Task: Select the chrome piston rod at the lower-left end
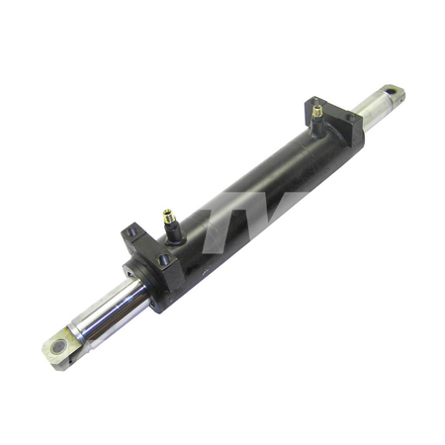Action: point(108,306)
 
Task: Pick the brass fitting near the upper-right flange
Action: point(316,112)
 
